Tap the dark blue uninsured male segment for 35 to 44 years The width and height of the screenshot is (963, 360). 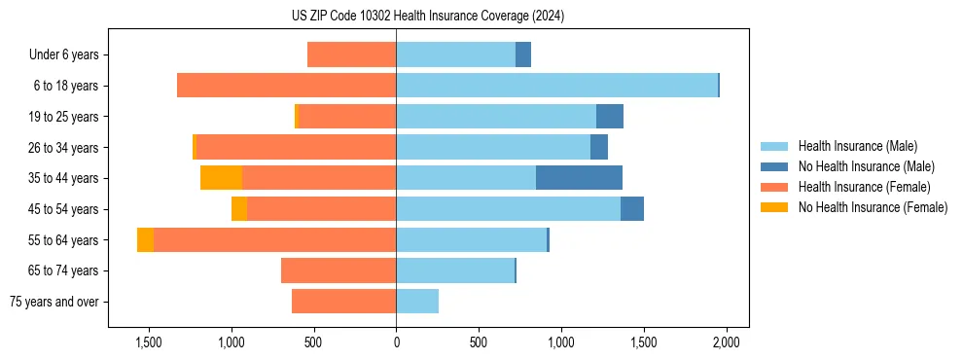(x=579, y=178)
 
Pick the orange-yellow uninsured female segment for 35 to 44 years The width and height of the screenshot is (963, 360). (x=221, y=178)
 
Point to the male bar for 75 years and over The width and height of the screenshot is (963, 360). (x=417, y=302)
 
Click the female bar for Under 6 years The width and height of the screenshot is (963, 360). (x=351, y=54)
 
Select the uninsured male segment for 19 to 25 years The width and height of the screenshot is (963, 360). (x=610, y=117)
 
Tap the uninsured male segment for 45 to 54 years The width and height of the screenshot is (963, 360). (x=632, y=209)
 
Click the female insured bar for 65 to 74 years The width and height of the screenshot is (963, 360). (x=339, y=270)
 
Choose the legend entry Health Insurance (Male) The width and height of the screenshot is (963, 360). (x=857, y=146)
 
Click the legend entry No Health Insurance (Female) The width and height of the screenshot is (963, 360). (x=873, y=207)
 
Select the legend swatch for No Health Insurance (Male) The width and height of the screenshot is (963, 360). (x=774, y=166)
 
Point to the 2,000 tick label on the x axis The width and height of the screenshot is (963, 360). (x=726, y=342)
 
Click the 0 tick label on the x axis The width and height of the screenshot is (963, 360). (x=396, y=342)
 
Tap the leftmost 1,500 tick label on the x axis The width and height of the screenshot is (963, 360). (x=149, y=342)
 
